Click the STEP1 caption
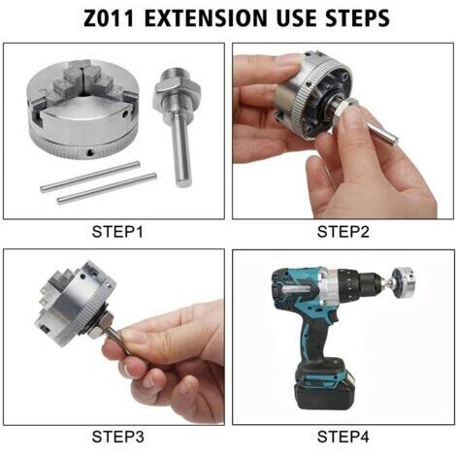(117, 232)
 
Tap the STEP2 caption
(342, 232)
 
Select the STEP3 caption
(117, 437)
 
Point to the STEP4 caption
(342, 437)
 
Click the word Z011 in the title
(109, 18)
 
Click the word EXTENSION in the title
(206, 18)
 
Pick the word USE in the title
(296, 18)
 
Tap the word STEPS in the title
(357, 18)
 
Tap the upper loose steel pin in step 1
(90, 177)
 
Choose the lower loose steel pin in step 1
(107, 188)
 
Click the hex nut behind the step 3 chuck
(98, 326)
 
